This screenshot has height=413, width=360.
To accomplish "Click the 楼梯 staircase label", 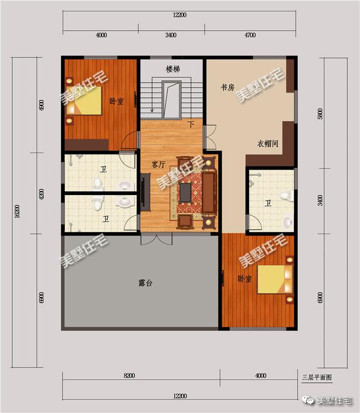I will [x=173, y=69].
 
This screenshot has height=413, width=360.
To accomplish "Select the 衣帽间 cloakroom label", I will [x=268, y=143].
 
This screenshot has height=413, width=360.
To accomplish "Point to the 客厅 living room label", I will [x=159, y=165].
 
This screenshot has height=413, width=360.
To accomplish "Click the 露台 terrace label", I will [x=145, y=283].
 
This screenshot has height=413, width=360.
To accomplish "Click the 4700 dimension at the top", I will [x=250, y=35].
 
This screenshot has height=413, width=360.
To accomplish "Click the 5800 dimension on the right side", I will [x=320, y=113].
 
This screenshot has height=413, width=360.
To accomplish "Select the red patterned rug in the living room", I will [x=191, y=192].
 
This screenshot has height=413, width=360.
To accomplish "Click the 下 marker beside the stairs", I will [x=191, y=124].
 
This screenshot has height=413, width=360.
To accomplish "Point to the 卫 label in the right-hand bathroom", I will [x=268, y=203].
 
